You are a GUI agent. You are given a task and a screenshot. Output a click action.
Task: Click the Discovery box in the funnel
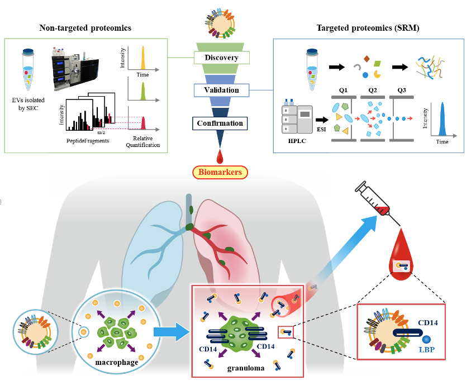[x=221, y=58]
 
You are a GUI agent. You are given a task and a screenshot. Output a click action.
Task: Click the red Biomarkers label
[x=219, y=172]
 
